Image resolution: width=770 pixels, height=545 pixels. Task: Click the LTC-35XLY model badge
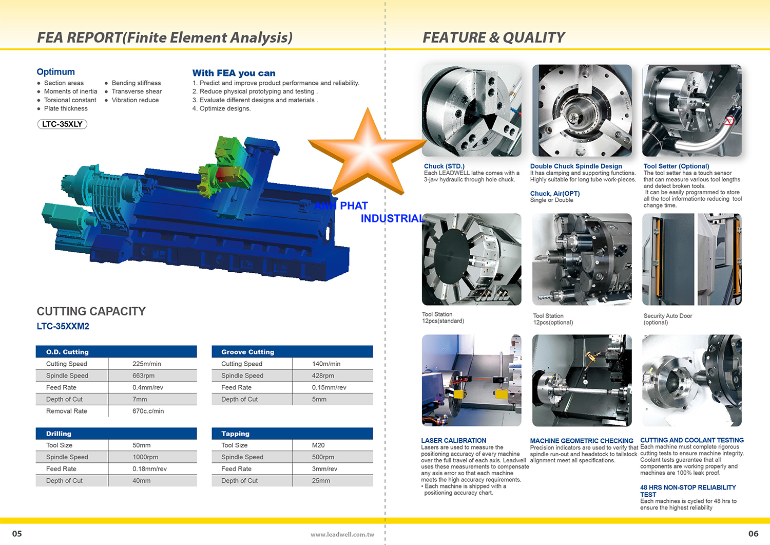coord(62,124)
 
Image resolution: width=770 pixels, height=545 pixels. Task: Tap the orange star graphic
coord(368,155)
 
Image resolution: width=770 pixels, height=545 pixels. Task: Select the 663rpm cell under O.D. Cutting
coord(143,375)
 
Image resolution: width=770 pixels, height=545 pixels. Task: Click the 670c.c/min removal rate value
coord(148,411)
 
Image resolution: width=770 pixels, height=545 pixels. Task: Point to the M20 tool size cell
coord(318,445)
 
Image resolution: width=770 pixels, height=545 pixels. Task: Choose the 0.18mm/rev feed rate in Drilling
coord(149,468)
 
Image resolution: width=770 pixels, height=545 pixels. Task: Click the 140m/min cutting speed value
coord(326,364)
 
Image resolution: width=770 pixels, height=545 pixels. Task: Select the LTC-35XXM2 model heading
coord(63,326)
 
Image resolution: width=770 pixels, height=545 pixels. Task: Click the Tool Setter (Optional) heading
coord(676,166)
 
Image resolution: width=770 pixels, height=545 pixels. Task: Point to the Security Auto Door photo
coord(691,259)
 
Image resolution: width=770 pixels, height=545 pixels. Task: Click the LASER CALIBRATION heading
coord(454,440)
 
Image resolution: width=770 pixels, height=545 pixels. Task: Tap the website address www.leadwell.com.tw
coord(342,534)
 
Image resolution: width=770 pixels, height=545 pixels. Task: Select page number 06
coord(753,534)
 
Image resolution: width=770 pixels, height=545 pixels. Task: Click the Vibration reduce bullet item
coord(135,100)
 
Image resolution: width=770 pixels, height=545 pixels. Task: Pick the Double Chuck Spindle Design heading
coord(576,166)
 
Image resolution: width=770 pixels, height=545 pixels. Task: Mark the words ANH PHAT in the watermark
coord(341,206)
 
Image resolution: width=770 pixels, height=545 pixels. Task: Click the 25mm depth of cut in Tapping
coord(321,481)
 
